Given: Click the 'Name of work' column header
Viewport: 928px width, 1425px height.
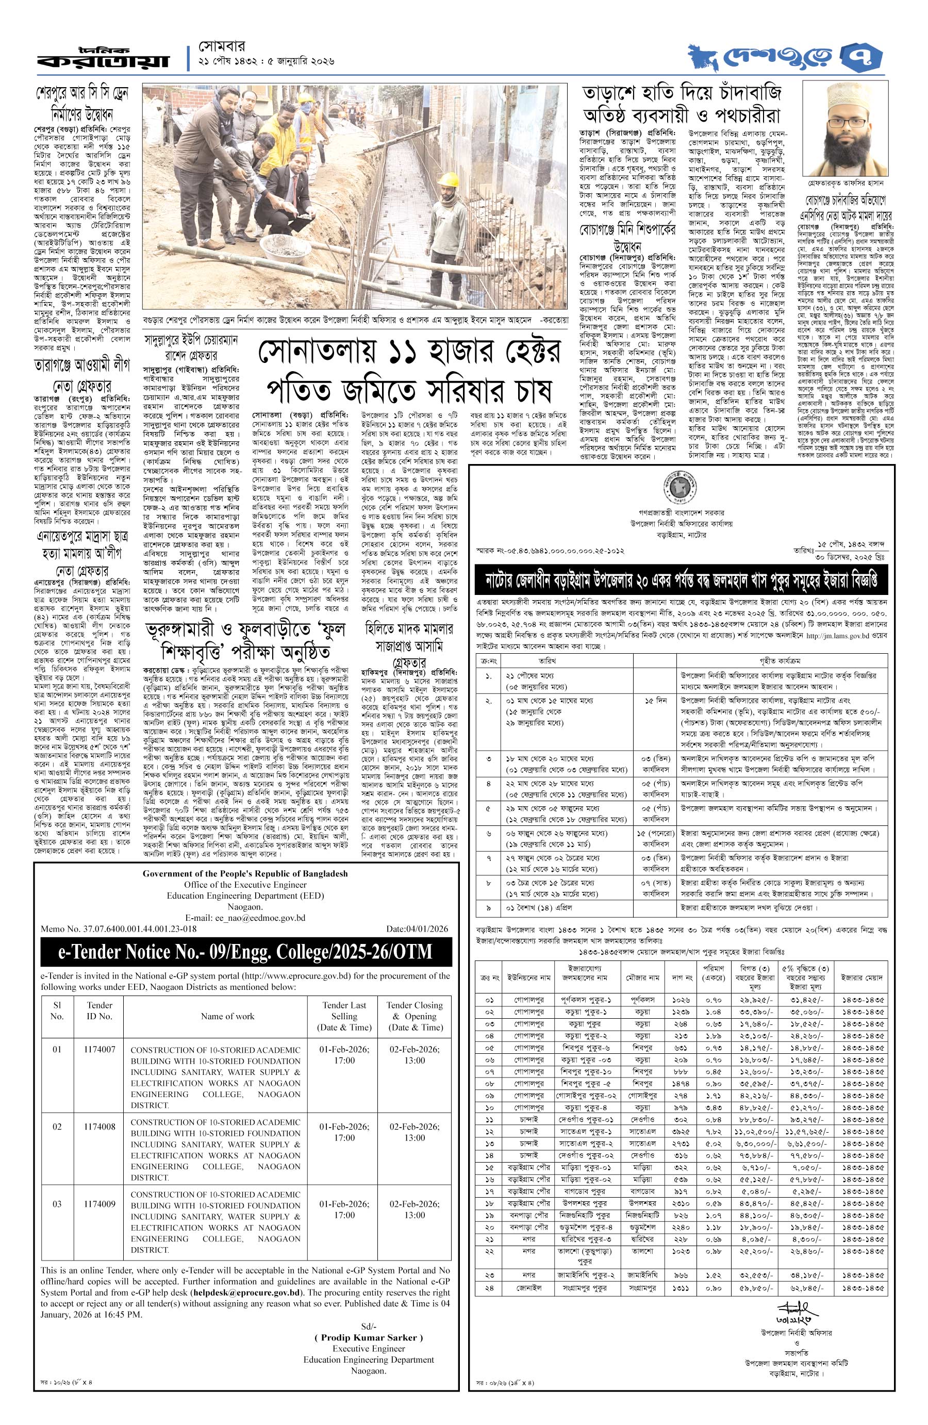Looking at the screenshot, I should (x=227, y=1016).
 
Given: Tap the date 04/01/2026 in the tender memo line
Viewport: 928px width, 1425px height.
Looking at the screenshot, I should (x=417, y=929).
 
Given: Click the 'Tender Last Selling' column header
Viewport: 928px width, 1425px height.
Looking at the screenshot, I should (x=344, y=1016).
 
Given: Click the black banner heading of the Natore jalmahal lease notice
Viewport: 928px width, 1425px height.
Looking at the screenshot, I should (x=682, y=579).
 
